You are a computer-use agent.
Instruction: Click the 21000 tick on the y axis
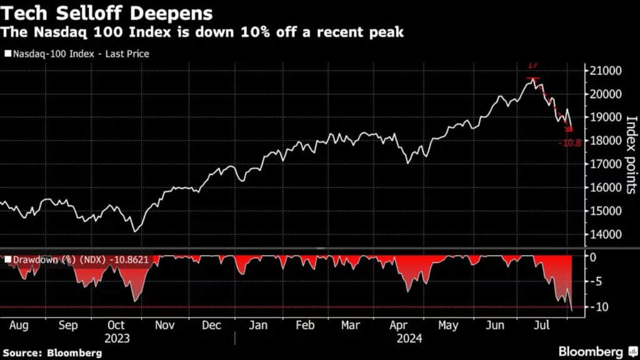pos(605,71)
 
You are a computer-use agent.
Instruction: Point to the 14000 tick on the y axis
pos(605,234)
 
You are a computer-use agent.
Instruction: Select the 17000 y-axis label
pos(605,164)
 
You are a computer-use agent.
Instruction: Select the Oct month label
pos(116,326)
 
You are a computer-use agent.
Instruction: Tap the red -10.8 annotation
pos(569,143)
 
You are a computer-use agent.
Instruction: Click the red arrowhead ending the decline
pos(569,129)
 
